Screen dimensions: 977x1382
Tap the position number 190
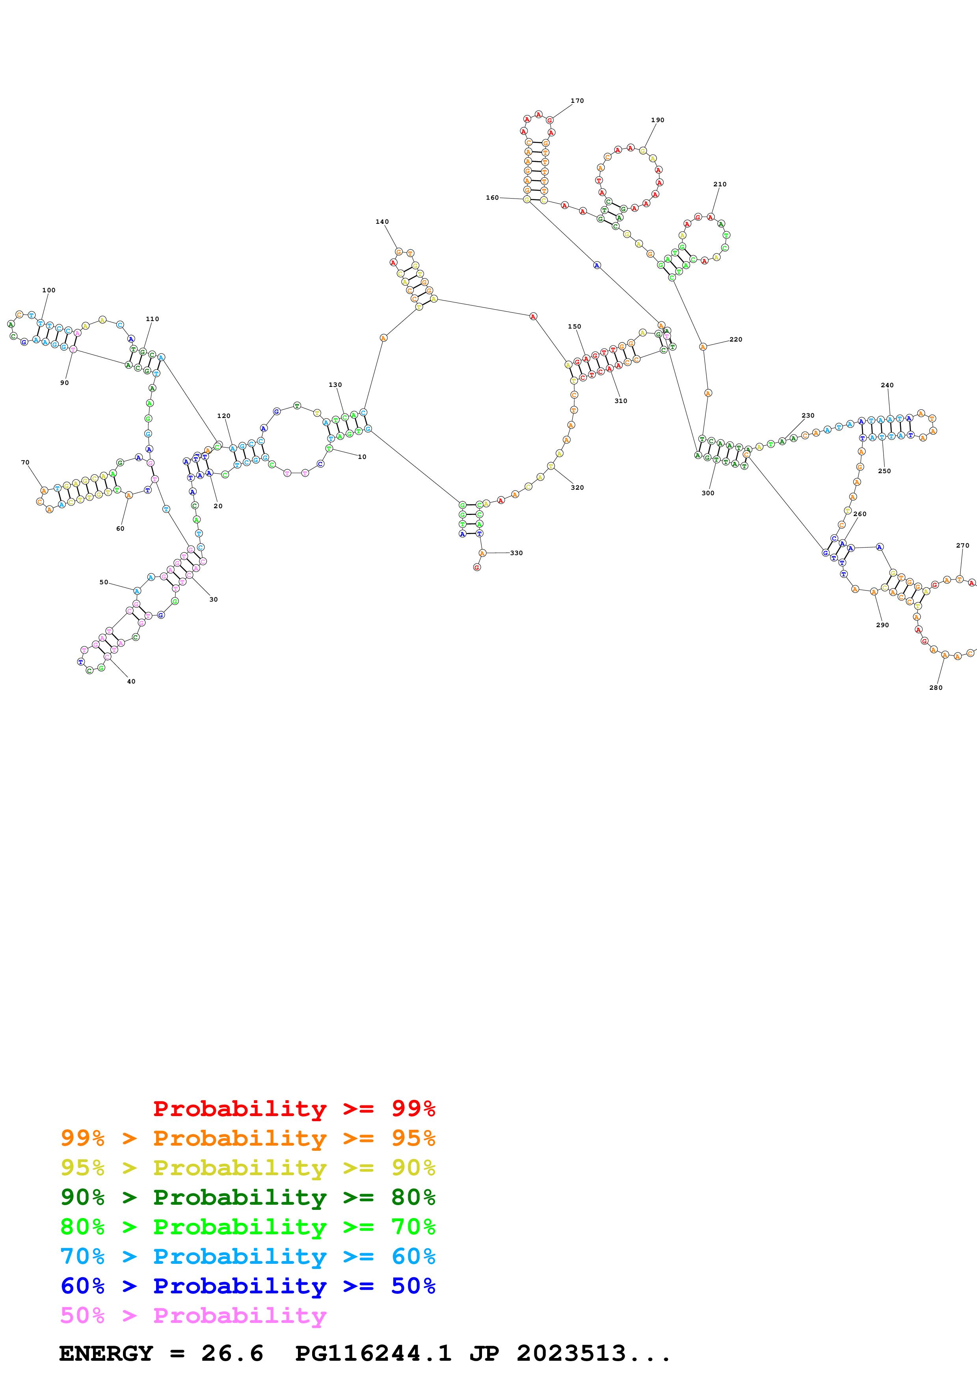tap(657, 120)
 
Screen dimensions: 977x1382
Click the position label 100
tap(49, 290)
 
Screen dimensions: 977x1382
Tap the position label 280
tap(936, 687)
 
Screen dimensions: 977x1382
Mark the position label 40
tap(131, 682)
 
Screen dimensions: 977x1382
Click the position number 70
tap(25, 462)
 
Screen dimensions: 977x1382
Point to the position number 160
tap(492, 197)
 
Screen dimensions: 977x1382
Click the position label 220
tap(736, 340)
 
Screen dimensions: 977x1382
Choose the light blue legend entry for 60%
tap(248, 1256)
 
